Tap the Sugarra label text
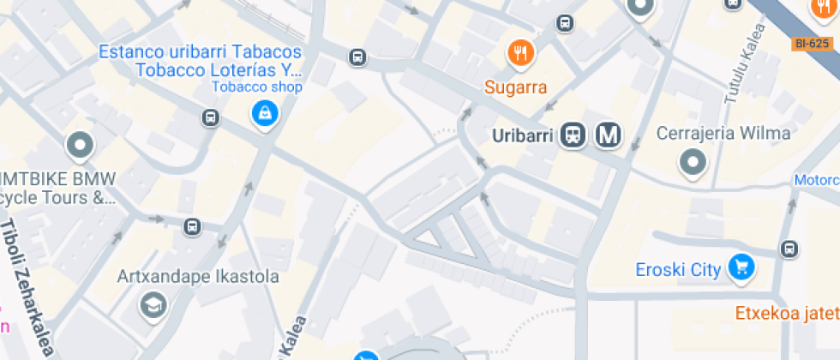pyautogui.click(x=515, y=87)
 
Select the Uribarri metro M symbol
pyautogui.click(x=609, y=135)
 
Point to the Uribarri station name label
pyautogui.click(x=525, y=135)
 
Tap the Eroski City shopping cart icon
pyautogui.click(x=740, y=267)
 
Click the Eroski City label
pyautogui.click(x=678, y=270)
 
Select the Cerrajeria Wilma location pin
pyautogui.click(x=692, y=161)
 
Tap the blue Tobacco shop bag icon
pyautogui.click(x=263, y=112)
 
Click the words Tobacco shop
pyautogui.click(x=258, y=87)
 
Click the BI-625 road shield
pyautogui.click(x=812, y=42)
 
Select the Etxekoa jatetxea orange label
pyautogui.click(x=787, y=314)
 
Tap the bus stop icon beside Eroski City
pyautogui.click(x=789, y=249)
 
